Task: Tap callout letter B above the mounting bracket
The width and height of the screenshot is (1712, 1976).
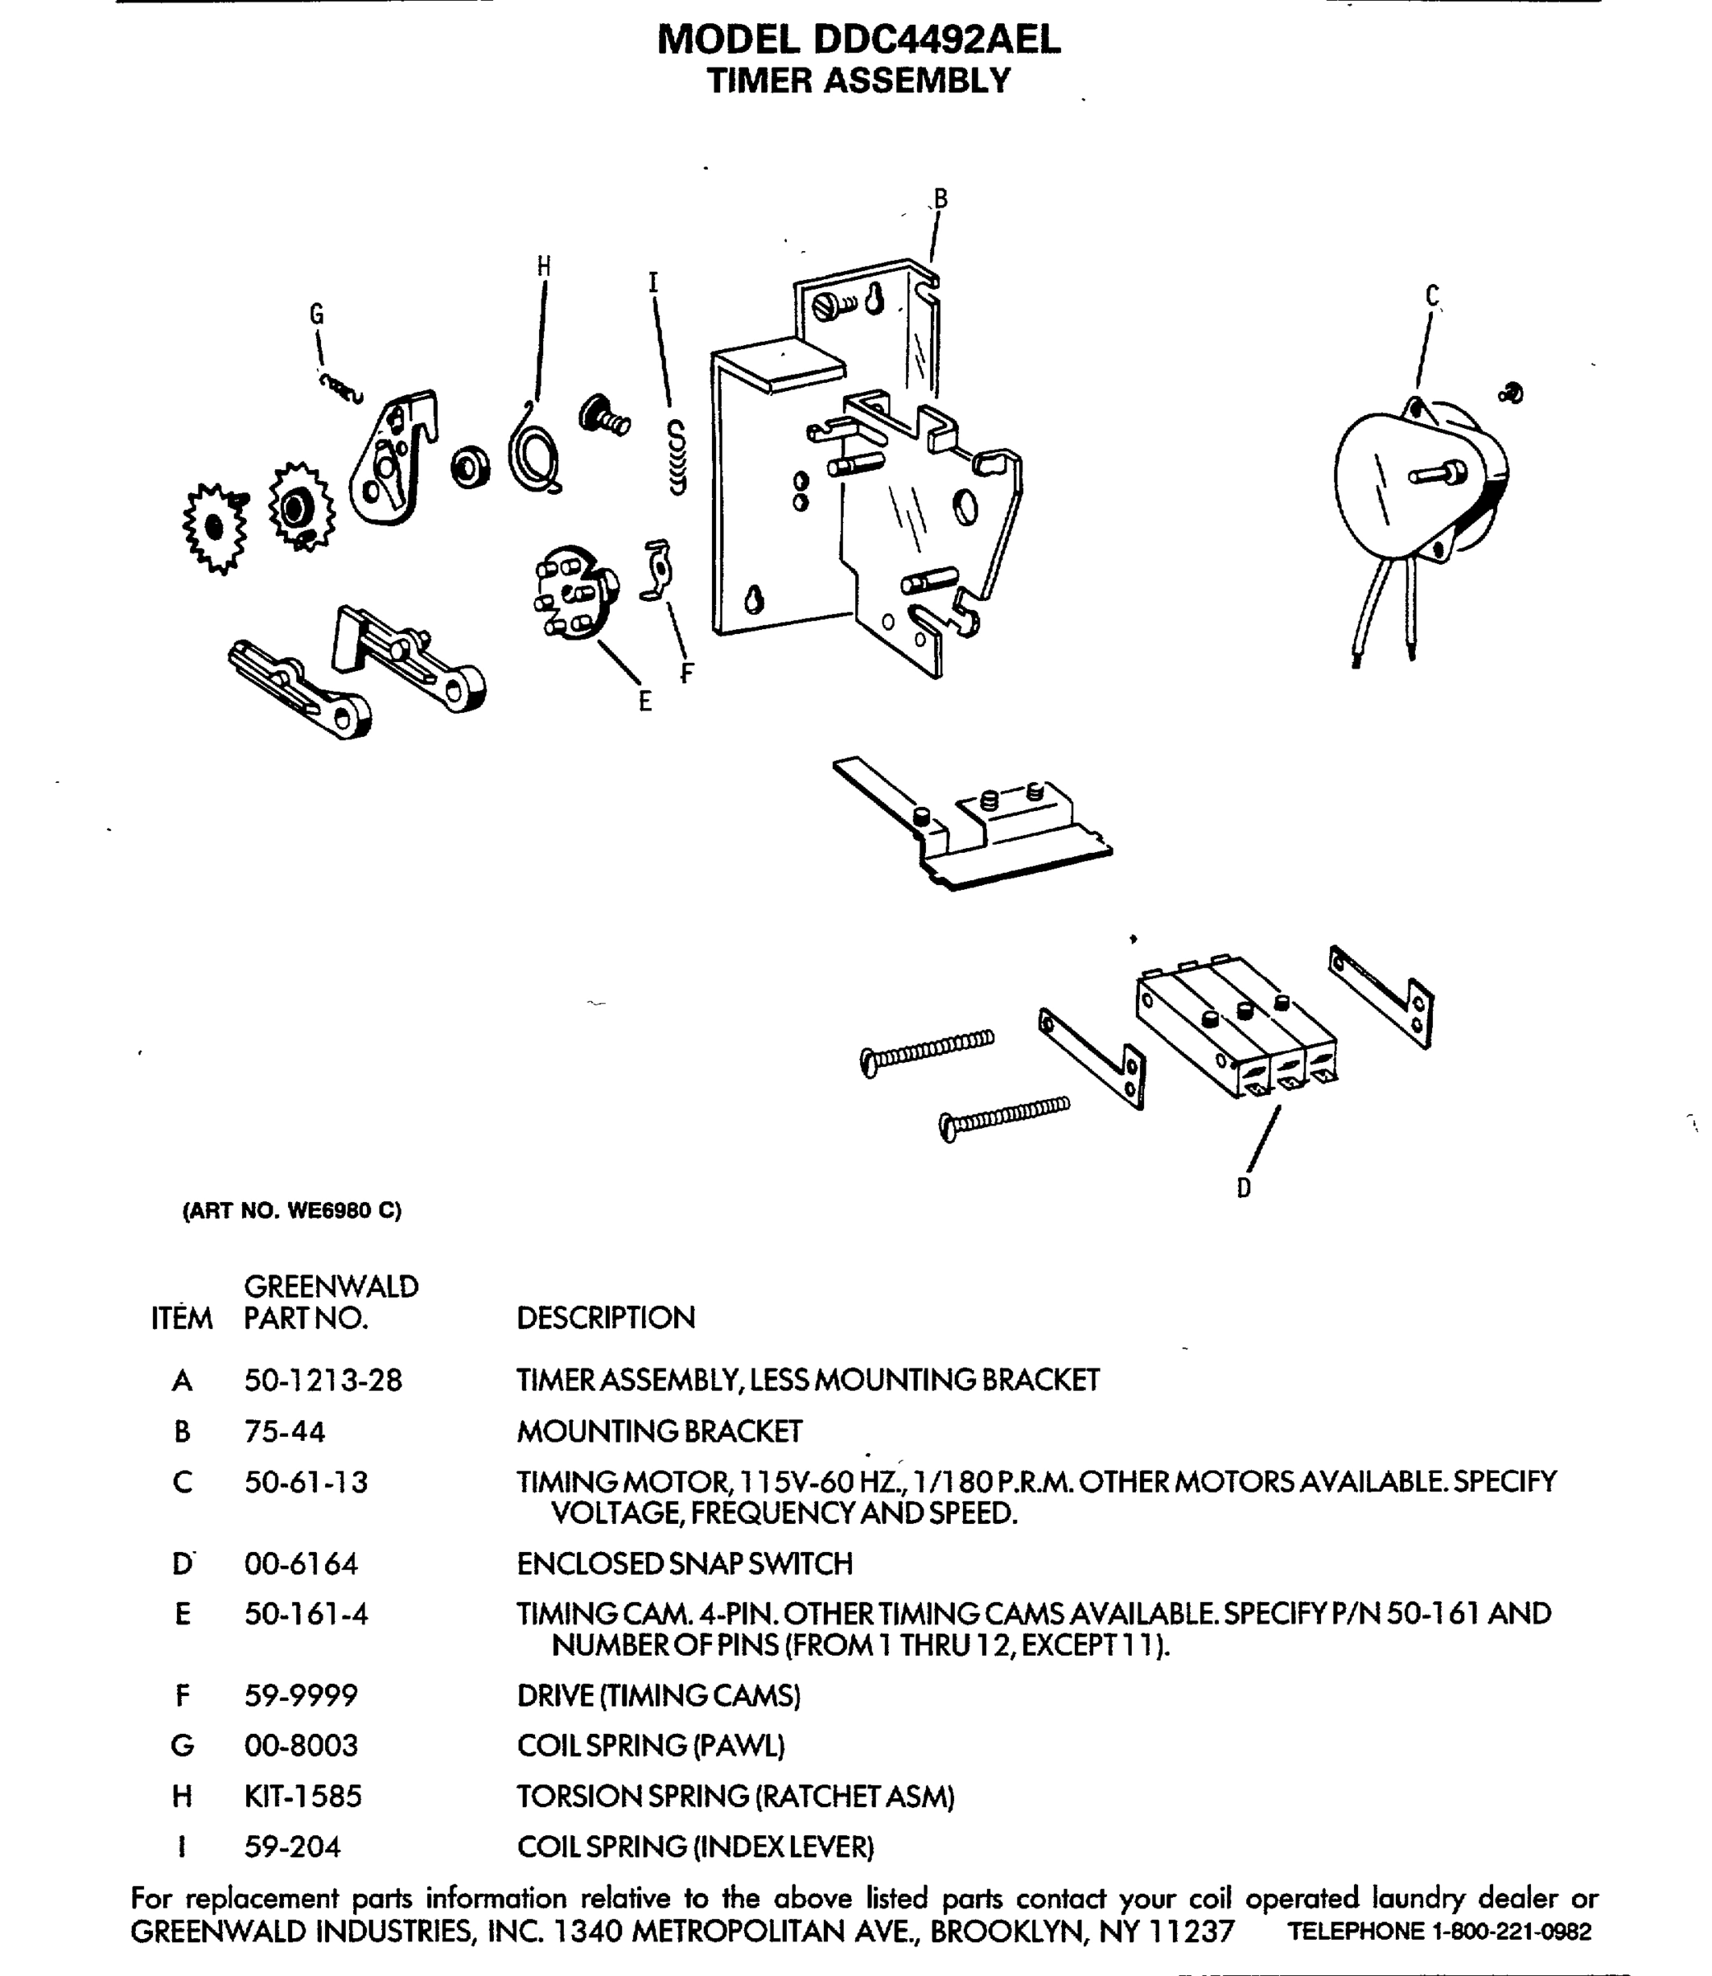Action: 940,198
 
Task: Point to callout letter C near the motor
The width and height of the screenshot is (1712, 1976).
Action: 1432,296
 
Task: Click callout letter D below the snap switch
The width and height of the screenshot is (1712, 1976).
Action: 1243,1188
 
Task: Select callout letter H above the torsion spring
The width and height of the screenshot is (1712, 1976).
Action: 543,267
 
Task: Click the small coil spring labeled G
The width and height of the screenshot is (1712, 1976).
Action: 341,387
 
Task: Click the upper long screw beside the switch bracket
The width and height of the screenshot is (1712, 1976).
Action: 927,1051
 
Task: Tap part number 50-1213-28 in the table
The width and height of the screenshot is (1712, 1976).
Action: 323,1380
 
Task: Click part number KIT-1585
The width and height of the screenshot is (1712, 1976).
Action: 303,1797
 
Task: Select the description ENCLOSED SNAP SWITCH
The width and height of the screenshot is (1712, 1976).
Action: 684,1564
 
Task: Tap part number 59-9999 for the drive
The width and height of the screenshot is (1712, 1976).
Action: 301,1696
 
